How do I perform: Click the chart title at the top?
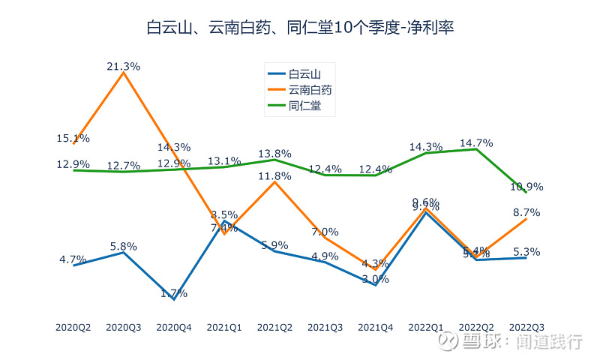pos(299,28)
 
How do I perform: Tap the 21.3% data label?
pos(124,66)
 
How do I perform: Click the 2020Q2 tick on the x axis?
pos(73,327)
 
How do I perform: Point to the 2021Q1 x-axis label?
pos(224,327)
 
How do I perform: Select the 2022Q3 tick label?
pos(526,327)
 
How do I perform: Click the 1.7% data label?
pos(173,293)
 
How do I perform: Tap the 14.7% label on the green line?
pos(476,142)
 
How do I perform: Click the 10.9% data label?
pos(526,186)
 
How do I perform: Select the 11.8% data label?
pos(274,176)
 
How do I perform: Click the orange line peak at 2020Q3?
pos(124,73)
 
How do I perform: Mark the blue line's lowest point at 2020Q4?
pos(174,299)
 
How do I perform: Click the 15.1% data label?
pos(73,138)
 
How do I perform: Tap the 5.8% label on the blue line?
pos(124,245)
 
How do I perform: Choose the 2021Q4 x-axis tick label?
pos(375,327)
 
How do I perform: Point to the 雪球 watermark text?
pos(480,342)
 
